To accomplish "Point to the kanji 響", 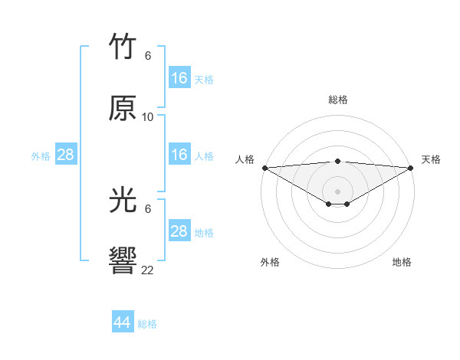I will point(123,260).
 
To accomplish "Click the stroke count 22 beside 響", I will point(148,270).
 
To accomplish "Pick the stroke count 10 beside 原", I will point(148,117).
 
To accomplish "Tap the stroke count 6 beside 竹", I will point(148,56).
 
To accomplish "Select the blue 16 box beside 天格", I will point(179,78).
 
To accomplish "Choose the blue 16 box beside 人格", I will point(179,155).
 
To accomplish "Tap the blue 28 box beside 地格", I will point(179,231).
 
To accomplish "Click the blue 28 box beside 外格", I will point(66,155).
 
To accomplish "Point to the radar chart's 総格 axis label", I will point(338,100).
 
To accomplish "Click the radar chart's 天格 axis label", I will point(432,159).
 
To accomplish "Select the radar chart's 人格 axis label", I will point(245,159).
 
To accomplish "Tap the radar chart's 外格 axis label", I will point(270,262).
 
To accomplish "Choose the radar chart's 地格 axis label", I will point(402,262).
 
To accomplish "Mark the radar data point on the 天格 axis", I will point(412,168).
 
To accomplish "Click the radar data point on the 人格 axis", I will point(264,168).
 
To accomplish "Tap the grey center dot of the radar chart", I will point(338,191).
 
